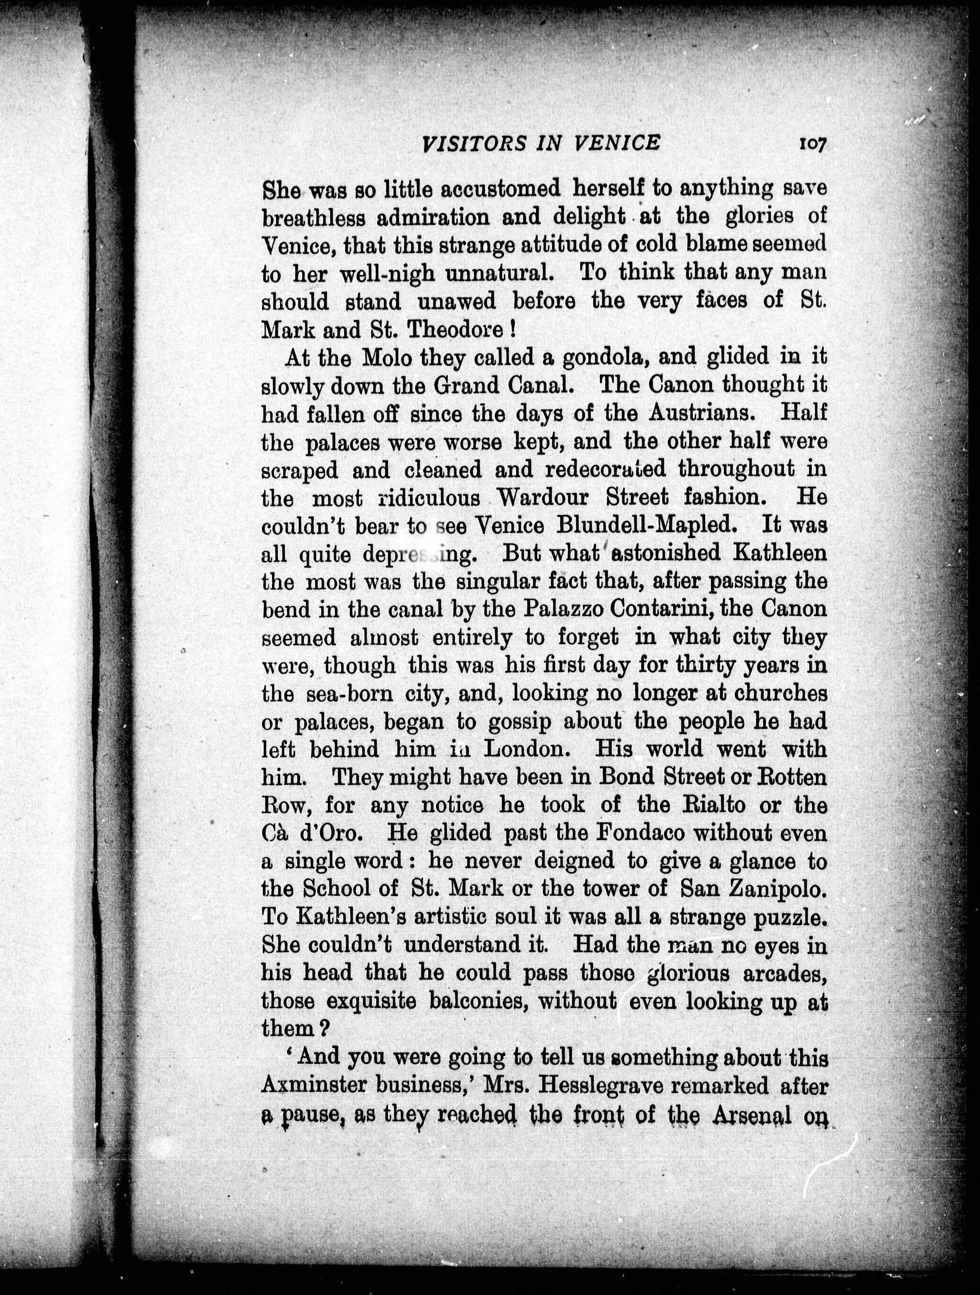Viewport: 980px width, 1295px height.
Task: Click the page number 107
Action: coord(810,144)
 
